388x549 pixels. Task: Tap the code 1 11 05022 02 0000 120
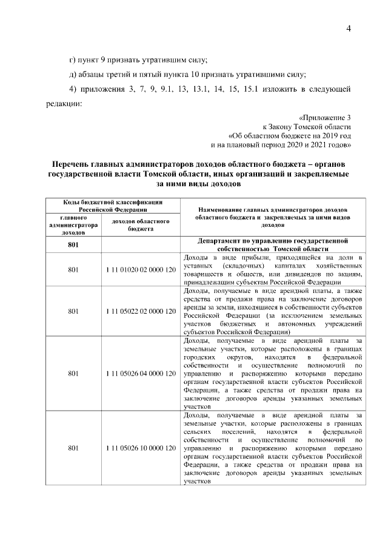coord(140,311)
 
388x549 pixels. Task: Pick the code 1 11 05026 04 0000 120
coord(140,374)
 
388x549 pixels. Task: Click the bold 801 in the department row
coord(73,245)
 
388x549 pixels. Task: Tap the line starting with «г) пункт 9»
coord(138,59)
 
